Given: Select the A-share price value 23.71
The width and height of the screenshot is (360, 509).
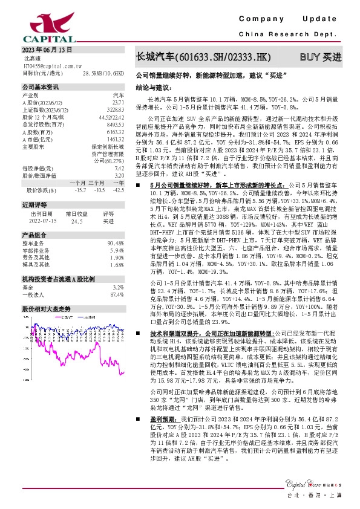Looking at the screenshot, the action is [118, 102].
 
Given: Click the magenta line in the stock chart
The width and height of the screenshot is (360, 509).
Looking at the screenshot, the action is [91, 351].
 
